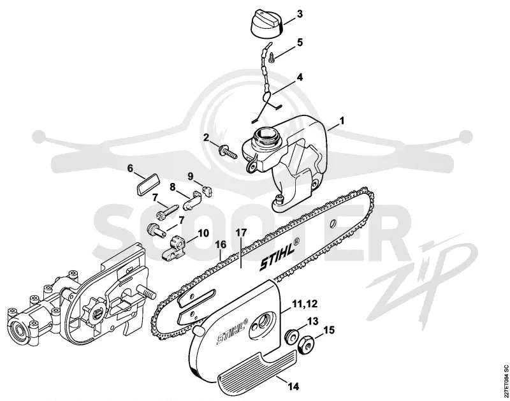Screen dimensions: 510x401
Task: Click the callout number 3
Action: coord(300,14)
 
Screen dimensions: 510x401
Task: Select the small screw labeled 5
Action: coord(271,58)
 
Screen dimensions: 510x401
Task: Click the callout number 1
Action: coord(342,121)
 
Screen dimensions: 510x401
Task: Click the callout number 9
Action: coord(191,176)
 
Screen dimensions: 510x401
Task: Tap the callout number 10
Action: coord(203,233)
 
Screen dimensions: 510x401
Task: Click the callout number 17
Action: coord(241,233)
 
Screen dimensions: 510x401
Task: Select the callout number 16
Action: coord(221,245)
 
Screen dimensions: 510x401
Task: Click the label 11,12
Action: coord(305,304)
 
